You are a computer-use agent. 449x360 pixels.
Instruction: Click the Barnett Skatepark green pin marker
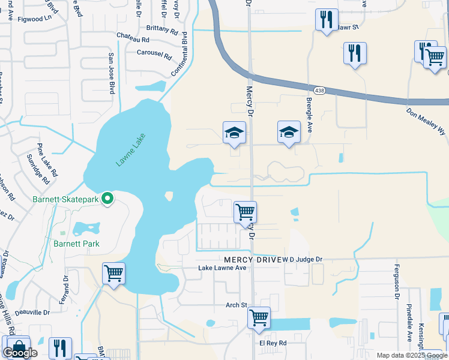[108, 198]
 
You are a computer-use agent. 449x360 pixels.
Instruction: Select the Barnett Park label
[76, 244]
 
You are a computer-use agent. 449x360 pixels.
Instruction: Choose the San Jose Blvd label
[111, 73]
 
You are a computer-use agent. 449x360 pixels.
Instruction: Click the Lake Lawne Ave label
[223, 268]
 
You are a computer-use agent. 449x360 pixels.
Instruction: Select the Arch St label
[236, 305]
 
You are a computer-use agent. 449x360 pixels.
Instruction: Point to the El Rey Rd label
[273, 343]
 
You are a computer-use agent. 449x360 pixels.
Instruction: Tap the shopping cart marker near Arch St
[259, 317]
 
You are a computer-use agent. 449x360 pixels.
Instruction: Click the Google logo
[20, 353]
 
